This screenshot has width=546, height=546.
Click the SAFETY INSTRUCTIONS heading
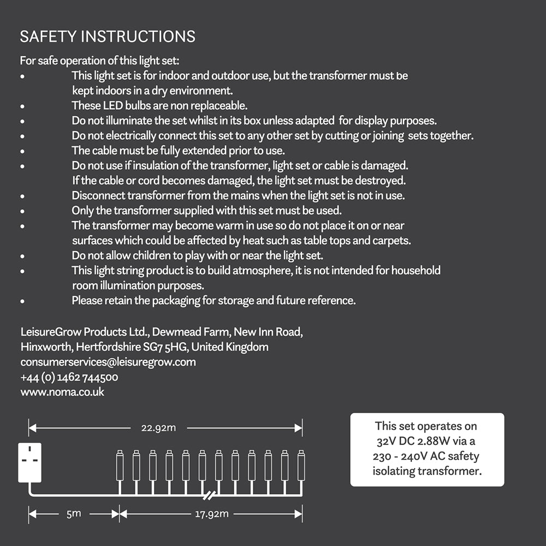tap(108, 37)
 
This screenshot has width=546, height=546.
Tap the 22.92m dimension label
tap(159, 428)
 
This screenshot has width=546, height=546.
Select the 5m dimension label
tap(74, 514)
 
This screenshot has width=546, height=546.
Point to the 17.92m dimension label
tap(211, 514)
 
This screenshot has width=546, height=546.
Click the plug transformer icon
tap(29, 462)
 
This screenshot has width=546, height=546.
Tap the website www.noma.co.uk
tap(62, 391)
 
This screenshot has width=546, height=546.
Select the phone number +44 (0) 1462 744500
tap(69, 377)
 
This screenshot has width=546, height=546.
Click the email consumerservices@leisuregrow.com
tap(108, 362)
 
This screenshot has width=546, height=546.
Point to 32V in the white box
tap(386, 441)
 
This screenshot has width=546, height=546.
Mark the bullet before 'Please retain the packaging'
tap(22, 301)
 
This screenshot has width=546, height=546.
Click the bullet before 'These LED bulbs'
tap(22, 106)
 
